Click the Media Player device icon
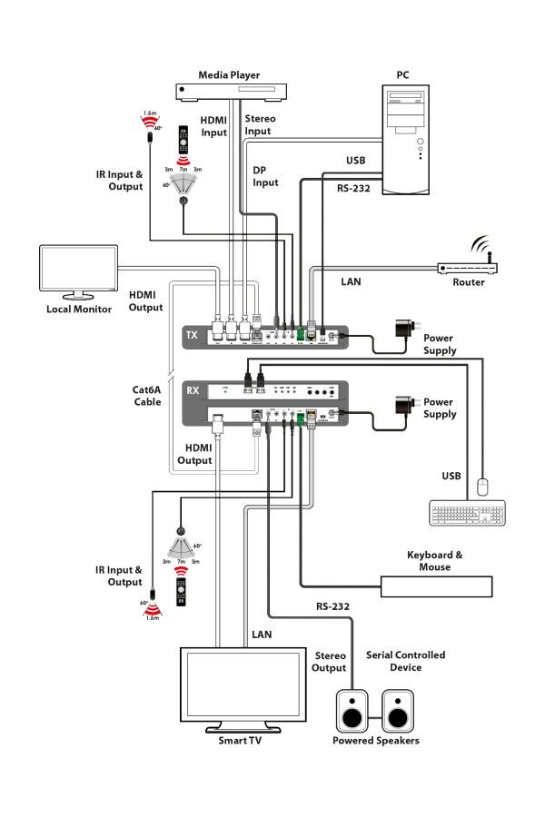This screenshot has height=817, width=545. [x=232, y=90]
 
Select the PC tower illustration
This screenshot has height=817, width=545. [x=404, y=140]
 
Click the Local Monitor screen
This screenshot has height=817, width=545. [x=78, y=271]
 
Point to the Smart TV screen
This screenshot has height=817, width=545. [x=243, y=686]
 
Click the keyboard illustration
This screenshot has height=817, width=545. [x=468, y=513]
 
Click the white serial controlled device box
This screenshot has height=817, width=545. [x=436, y=586]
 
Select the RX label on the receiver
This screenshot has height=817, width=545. [x=193, y=391]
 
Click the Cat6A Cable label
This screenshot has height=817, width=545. [x=147, y=395]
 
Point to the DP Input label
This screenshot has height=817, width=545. [x=265, y=176]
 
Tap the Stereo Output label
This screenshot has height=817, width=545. [x=331, y=661]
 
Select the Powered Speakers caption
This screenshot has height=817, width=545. [x=375, y=741]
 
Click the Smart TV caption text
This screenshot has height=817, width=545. [x=243, y=741]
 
